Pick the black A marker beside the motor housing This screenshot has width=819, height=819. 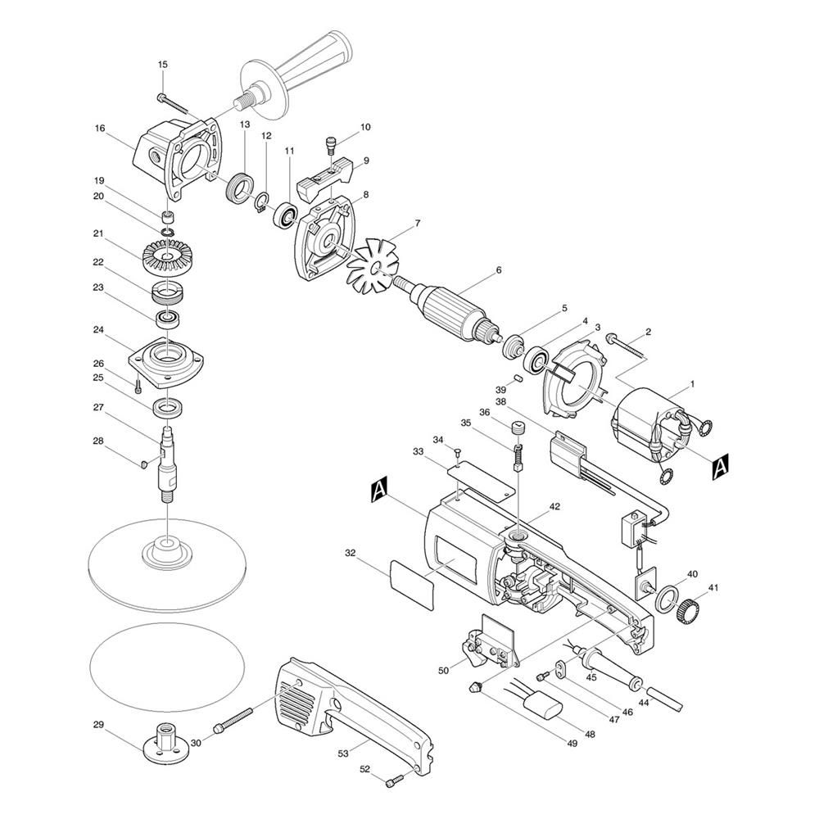pos(378,491)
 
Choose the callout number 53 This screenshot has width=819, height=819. pos(342,753)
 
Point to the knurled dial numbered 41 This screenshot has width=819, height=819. pos(690,608)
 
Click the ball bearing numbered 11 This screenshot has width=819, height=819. pos(285,215)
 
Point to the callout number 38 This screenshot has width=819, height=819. pos(501,402)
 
